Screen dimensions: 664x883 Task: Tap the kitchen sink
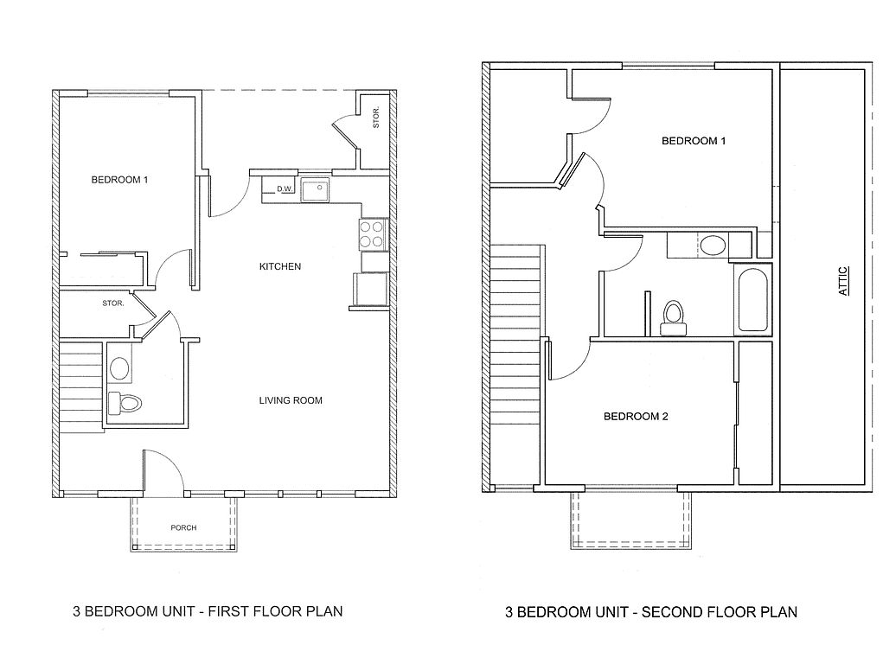316,189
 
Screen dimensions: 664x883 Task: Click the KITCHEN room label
280,266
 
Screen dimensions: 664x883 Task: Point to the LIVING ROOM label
291,400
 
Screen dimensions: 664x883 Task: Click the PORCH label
182,527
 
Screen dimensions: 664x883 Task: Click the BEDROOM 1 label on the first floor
120,180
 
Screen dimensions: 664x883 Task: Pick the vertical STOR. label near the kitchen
376,120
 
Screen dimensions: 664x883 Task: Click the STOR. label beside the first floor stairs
113,303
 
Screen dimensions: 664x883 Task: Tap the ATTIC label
844,281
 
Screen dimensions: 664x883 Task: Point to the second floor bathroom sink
713,246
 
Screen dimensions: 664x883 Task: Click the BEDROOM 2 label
636,417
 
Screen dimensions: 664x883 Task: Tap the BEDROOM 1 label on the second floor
694,141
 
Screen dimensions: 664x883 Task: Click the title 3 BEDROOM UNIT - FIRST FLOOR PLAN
208,611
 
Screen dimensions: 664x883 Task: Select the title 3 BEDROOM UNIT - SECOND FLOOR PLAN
650,612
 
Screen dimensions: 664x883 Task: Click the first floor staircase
80,381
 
